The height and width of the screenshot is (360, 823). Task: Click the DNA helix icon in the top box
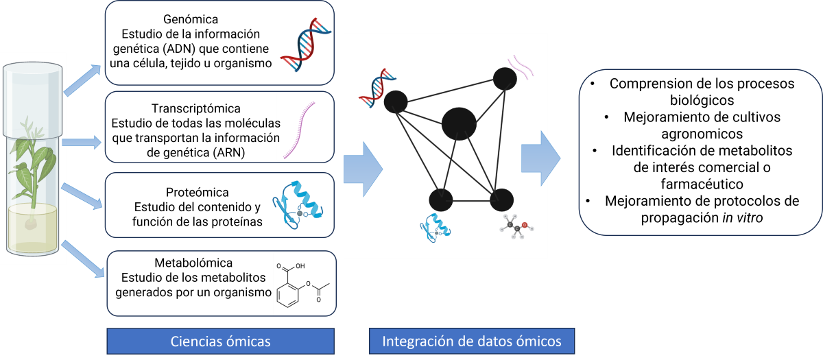305,45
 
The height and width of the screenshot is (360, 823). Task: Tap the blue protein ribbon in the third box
300,204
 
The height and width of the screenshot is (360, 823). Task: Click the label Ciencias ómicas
220,341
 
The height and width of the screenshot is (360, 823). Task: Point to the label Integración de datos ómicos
471,341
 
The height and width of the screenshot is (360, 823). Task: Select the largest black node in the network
459,124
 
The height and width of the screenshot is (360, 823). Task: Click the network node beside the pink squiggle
505,79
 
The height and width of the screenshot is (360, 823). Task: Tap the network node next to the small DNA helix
396,102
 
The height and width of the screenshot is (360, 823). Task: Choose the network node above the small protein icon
440,200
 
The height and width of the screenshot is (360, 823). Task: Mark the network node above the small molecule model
502,200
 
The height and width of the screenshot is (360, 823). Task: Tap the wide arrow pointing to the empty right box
540,158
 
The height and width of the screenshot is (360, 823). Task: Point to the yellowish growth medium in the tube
33,230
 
